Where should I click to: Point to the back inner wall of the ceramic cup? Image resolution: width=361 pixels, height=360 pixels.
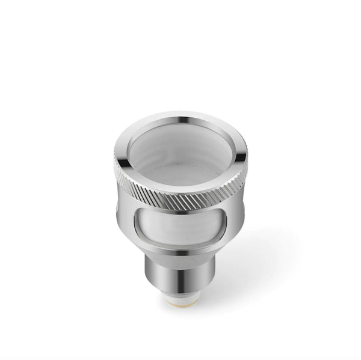[180, 138]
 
